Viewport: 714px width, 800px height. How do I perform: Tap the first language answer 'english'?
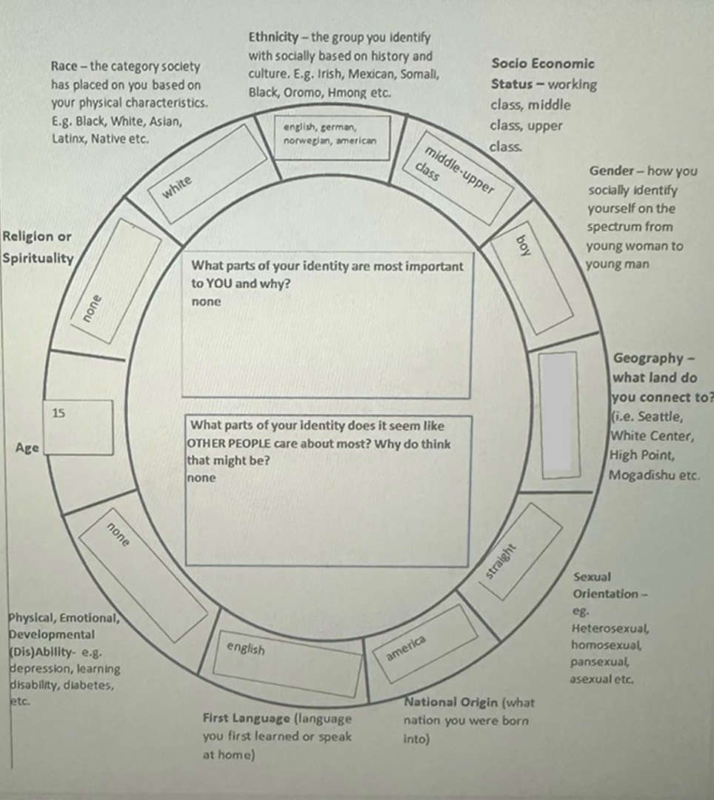coord(246,648)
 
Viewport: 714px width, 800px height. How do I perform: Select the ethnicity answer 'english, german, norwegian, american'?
coord(330,134)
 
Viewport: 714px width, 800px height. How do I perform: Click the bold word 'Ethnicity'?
coord(273,37)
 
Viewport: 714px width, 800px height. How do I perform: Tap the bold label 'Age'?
coord(27,448)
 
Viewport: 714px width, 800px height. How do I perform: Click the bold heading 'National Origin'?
coord(451,702)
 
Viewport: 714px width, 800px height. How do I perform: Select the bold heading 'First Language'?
coord(246,718)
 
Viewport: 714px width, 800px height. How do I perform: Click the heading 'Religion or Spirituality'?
coord(38,247)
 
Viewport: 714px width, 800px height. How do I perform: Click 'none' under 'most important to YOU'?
coord(206,301)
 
